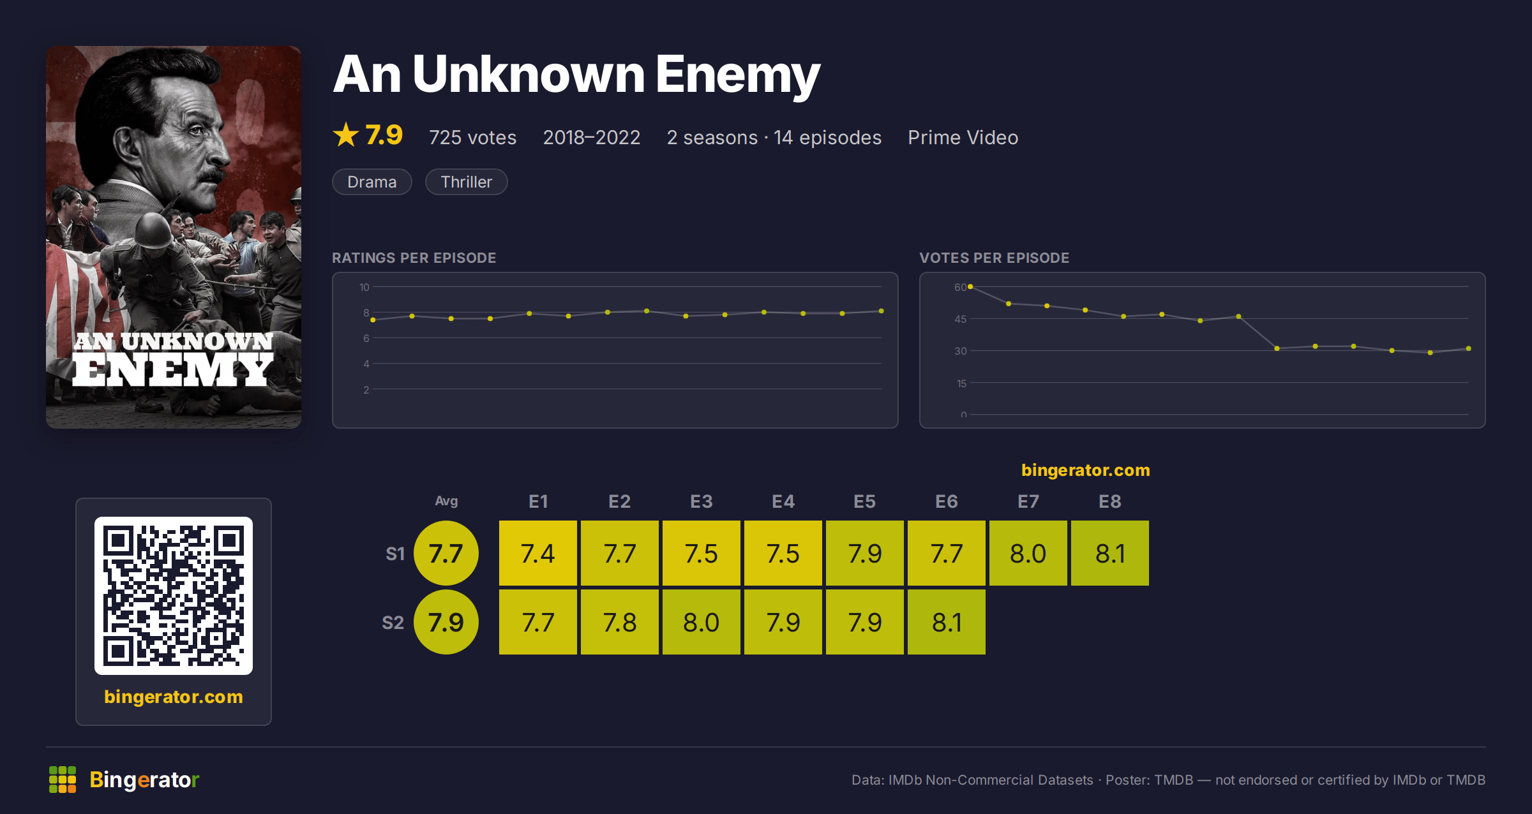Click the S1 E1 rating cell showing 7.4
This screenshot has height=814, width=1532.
[x=538, y=553]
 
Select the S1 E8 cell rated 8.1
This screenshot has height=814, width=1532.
[x=1110, y=553]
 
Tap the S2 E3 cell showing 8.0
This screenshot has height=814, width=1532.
[x=702, y=622]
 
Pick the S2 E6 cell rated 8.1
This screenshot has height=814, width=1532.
[x=947, y=622]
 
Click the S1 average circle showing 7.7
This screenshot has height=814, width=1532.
[x=446, y=553]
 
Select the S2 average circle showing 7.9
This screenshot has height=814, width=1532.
[x=446, y=622]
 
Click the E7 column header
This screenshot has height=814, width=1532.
[x=1028, y=501]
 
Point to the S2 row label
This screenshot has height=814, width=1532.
[x=393, y=623]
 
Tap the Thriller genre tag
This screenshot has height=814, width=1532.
[x=467, y=182]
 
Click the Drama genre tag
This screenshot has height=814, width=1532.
[x=372, y=182]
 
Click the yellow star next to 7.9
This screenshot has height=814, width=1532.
[x=346, y=135]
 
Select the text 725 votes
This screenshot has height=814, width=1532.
[x=472, y=137]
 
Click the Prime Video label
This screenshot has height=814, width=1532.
[x=963, y=137]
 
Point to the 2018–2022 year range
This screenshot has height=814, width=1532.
[x=592, y=137]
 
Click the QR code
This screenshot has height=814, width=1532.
[x=174, y=596]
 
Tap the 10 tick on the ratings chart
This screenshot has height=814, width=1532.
[x=364, y=287]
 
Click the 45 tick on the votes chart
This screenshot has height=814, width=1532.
[x=961, y=319]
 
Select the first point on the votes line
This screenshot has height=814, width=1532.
[x=970, y=287]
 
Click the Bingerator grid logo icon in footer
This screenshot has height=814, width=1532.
[x=63, y=780]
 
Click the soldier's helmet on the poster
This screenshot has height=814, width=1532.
[x=152, y=231]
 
